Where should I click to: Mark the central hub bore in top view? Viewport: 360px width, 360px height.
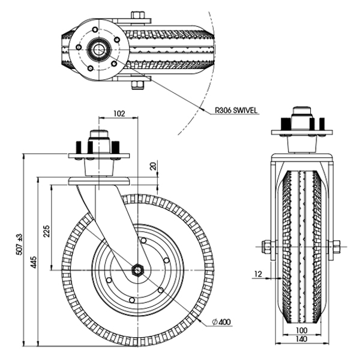pyautogui.click(x=98, y=47)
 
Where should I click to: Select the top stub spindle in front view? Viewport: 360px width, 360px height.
pyautogui.click(x=301, y=115)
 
